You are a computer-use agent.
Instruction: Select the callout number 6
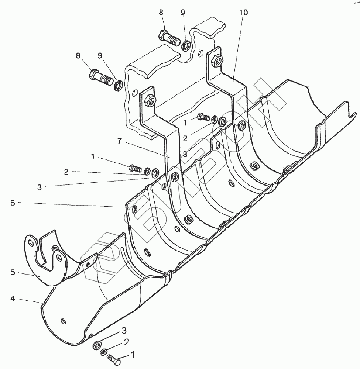tap(13, 203)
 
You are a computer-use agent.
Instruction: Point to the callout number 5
tap(13, 273)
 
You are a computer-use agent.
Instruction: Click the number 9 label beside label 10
tap(183, 13)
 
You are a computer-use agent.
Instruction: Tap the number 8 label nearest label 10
tap(161, 13)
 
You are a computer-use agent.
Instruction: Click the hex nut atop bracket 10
tap(217, 59)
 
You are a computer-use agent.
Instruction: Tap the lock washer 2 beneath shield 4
tap(104, 351)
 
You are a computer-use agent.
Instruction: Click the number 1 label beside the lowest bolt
tap(133, 356)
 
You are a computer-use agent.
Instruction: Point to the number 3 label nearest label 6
tap(40, 187)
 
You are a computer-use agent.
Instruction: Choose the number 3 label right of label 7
tap(185, 154)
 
